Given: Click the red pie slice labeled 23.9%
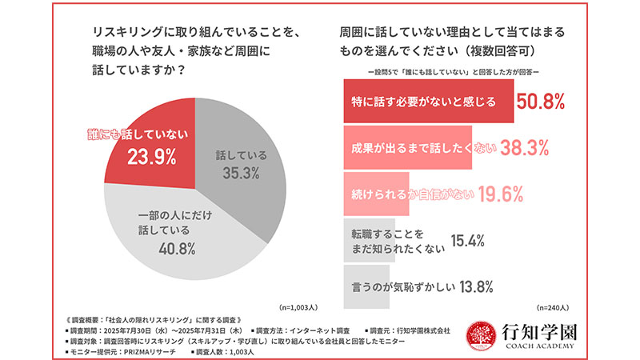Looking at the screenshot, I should [x=148, y=148].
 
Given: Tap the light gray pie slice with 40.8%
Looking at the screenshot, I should [x=172, y=240].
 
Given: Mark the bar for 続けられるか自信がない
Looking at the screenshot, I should [x=376, y=194].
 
